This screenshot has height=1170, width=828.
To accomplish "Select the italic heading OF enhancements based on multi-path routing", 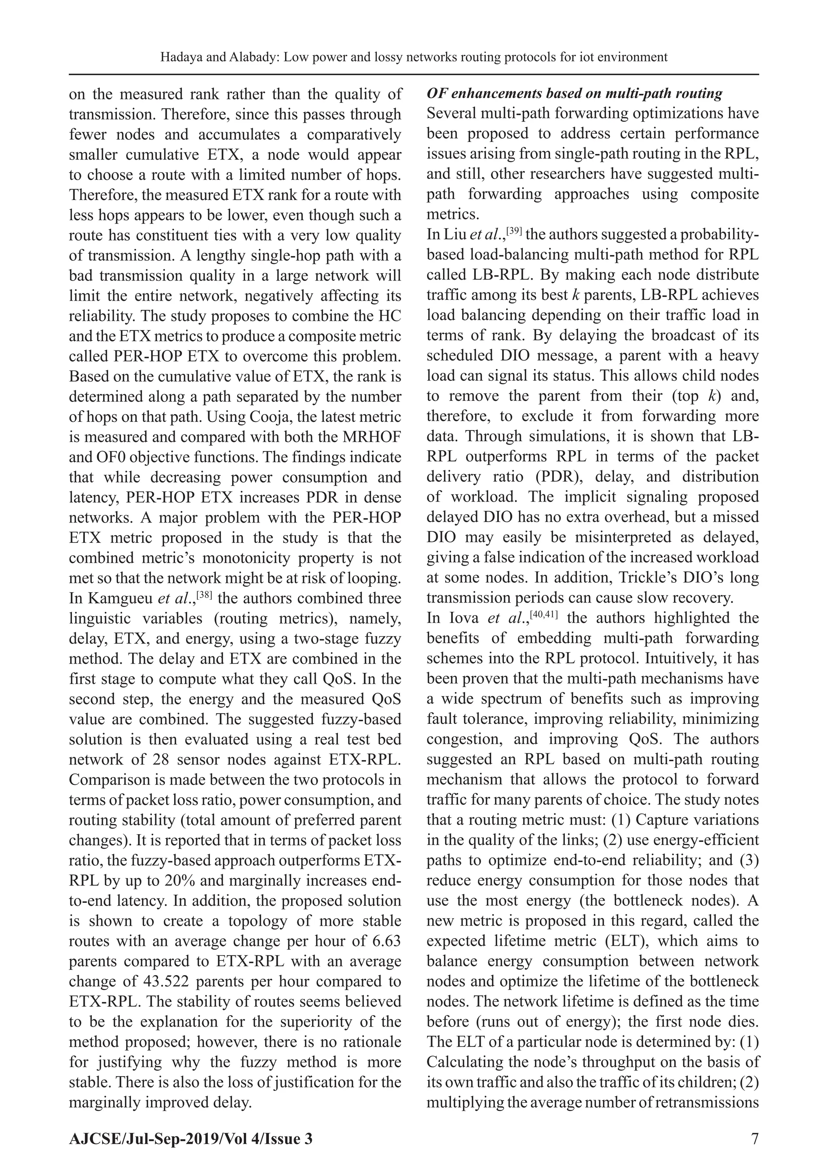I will (x=575, y=94).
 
